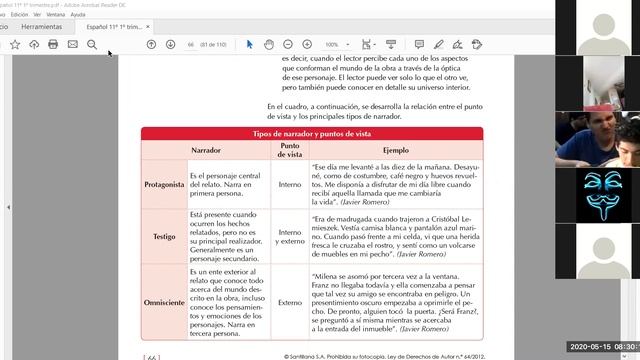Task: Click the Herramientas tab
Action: point(41,27)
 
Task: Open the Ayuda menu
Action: point(78,15)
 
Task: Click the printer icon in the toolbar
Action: point(53,45)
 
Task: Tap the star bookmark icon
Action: point(15,45)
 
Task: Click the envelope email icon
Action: point(73,45)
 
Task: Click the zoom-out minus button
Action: point(288,45)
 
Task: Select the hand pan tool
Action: point(269,45)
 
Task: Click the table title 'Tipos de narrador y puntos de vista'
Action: point(311,133)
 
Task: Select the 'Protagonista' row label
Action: point(163,185)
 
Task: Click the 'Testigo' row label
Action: point(163,236)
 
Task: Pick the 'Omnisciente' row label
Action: point(163,302)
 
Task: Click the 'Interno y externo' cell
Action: point(289,237)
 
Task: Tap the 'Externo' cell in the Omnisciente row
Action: point(289,302)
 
